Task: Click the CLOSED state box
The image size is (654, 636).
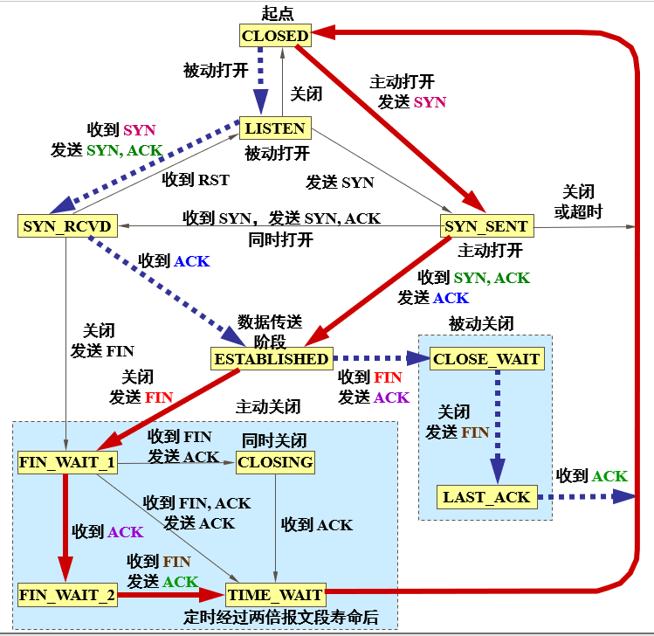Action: click(x=275, y=36)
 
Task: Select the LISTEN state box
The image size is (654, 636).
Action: click(x=275, y=128)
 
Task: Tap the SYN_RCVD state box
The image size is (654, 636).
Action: click(x=66, y=226)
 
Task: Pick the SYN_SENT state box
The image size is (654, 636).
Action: click(x=486, y=226)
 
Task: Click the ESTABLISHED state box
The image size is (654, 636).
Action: click(x=272, y=358)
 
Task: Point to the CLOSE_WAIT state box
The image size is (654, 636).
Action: click(x=486, y=359)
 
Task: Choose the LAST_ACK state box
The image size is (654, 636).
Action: click(x=486, y=497)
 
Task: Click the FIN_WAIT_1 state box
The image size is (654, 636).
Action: click(x=66, y=462)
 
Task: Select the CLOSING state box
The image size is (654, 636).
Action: click(x=275, y=462)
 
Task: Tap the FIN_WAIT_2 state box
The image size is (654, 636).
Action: click(x=66, y=596)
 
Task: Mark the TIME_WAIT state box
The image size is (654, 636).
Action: click(x=275, y=596)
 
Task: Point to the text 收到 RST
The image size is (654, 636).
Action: click(x=196, y=180)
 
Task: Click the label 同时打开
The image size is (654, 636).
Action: click(x=279, y=240)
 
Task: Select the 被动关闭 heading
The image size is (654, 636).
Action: click(x=482, y=323)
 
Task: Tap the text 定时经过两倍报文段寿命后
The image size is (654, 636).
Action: click(x=281, y=618)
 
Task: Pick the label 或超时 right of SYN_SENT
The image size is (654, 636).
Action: click(x=582, y=211)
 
